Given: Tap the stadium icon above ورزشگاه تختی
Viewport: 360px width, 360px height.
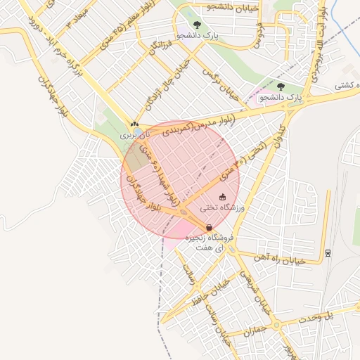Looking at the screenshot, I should point(223,197).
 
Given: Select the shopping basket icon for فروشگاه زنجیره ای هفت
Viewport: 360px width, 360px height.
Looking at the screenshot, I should point(209,227).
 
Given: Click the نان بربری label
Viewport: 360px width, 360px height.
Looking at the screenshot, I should point(135,133).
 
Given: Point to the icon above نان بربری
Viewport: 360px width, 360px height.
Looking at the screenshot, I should point(134,124).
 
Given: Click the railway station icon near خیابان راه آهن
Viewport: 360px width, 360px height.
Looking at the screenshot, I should point(328,252).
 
